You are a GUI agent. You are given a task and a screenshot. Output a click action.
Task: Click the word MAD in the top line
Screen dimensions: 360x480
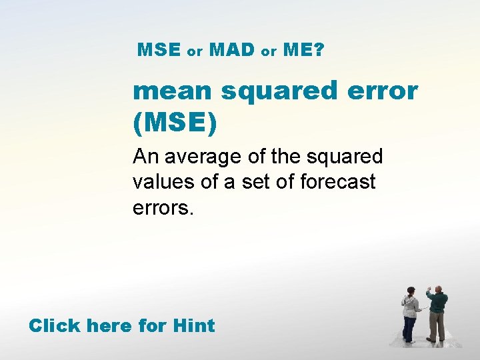pos(232,49)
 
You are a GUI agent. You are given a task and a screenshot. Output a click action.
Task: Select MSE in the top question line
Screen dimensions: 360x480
pos(159,49)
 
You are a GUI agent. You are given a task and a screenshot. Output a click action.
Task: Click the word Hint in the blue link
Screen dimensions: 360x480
pos(193,326)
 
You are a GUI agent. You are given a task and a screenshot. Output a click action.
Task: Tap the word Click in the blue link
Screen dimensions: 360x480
pos(55,326)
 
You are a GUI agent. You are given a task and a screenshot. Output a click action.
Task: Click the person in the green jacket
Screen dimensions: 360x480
pos(437,313)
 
